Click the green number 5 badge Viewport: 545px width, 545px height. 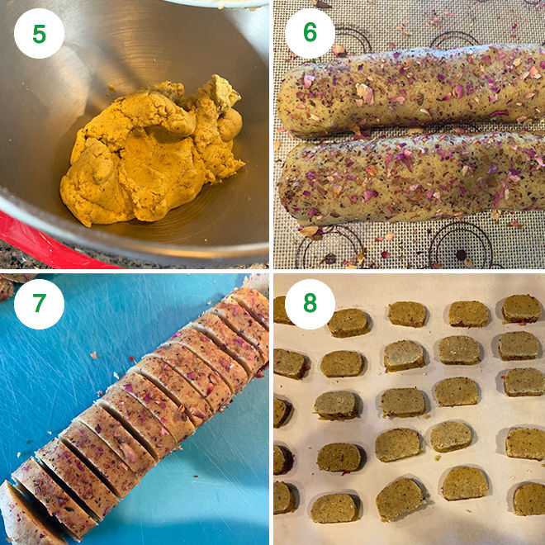pos(39,33)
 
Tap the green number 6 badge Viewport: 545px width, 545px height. pos(310,33)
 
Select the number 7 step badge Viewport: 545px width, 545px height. pos(39,304)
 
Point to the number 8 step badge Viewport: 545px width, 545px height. pos(310,304)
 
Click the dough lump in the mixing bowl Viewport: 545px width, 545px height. pos(149,157)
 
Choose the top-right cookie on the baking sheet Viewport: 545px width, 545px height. pos(521,308)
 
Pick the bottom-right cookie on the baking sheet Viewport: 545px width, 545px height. pos(525,498)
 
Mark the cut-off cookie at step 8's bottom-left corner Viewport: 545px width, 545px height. pos(282,497)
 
